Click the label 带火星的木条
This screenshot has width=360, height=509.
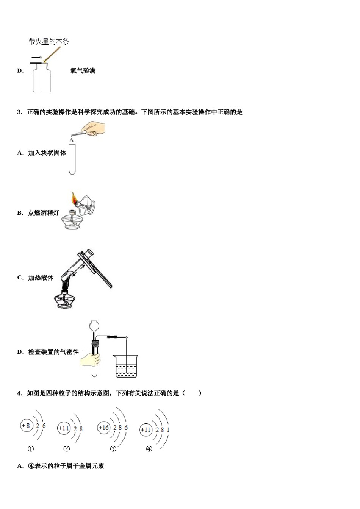tap(49, 41)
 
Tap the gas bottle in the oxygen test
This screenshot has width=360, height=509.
tap(41, 78)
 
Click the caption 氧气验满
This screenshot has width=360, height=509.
tap(83, 71)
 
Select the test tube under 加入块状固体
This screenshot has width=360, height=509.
tap(72, 159)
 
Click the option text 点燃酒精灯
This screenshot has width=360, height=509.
tap(44, 213)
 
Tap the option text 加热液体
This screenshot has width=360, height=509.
tap(41, 278)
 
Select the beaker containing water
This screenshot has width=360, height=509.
tap(126, 366)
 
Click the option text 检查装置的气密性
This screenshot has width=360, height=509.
tap(53, 352)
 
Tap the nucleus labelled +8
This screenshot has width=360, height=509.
tap(26, 426)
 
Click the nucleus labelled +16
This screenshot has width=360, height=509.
tap(103, 428)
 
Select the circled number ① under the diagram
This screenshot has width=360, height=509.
tap(31, 449)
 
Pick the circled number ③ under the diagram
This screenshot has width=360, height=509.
tap(113, 449)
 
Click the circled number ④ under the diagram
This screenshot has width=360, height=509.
tap(149, 449)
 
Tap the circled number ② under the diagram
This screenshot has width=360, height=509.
tap(67, 449)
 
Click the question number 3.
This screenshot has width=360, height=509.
tap(20, 112)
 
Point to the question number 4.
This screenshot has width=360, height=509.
tap(20, 393)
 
